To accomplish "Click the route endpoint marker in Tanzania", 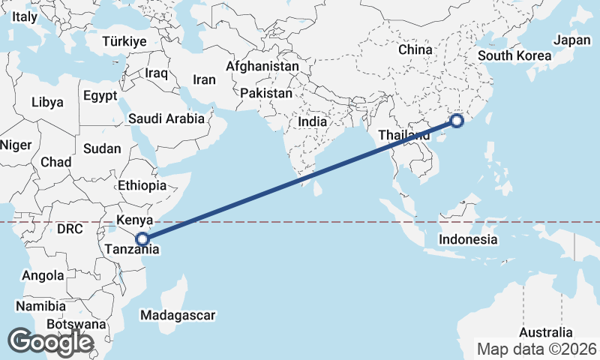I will [x=143, y=240].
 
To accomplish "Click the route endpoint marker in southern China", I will [x=457, y=121].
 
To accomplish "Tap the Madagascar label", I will [x=178, y=314].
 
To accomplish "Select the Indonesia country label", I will [x=468, y=240].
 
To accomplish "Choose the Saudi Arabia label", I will [x=166, y=118].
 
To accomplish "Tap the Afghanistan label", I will [x=262, y=66].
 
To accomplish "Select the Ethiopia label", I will [x=142, y=185].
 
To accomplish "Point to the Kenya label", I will [x=134, y=220].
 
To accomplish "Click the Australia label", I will [x=547, y=333].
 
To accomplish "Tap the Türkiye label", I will [x=124, y=41].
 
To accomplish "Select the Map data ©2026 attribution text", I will [x=537, y=349].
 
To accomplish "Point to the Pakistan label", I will [x=266, y=94].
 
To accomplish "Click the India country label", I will [x=312, y=121].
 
